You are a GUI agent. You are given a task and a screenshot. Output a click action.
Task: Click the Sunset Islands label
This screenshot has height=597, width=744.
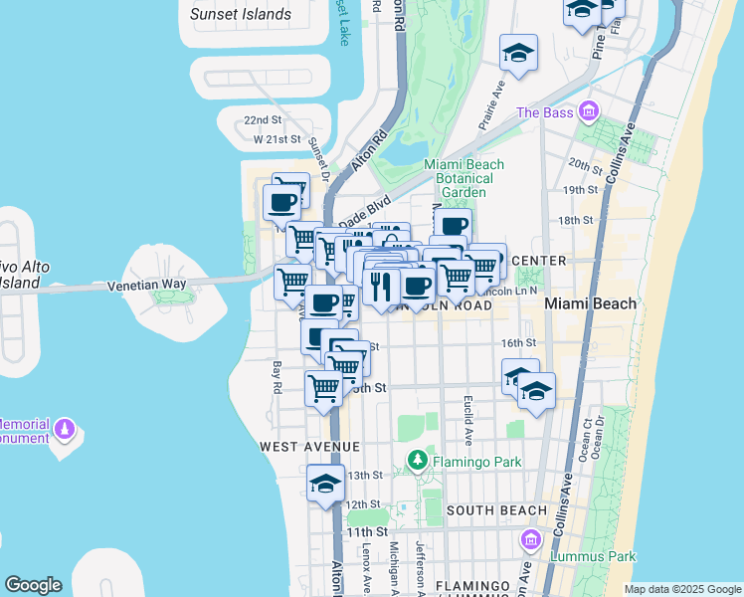[x=241, y=14]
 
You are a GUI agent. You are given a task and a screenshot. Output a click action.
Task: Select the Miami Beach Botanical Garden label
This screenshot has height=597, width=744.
[x=464, y=178]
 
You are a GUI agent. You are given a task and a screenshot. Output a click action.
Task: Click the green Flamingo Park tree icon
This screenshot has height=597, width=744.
[x=417, y=461]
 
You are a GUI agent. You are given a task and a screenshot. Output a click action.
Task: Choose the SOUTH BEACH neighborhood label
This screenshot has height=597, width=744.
[x=496, y=510]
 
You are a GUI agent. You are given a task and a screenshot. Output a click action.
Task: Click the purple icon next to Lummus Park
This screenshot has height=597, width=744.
[x=530, y=540]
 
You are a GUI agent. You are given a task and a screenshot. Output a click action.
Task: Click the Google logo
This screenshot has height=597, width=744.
[x=33, y=585]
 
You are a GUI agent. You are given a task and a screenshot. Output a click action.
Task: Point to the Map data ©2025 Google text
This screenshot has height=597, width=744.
[x=681, y=589]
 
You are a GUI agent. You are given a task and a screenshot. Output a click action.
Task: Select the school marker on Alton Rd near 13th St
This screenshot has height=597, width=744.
[x=325, y=485]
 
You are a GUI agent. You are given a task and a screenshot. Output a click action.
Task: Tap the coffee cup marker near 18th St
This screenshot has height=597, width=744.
[x=453, y=226]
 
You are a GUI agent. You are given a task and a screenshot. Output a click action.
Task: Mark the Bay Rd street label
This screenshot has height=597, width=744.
[x=278, y=377]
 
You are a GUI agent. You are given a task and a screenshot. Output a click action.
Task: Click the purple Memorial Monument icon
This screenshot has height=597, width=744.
[x=66, y=429]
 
